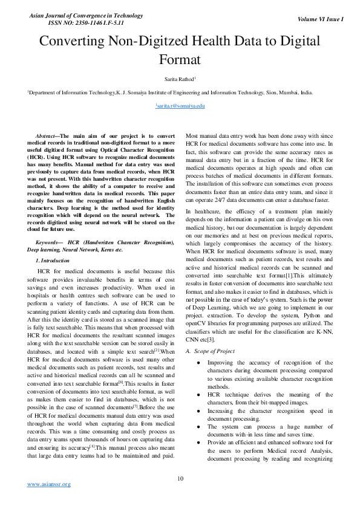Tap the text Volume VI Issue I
pos(321,19)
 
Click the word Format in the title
pos(180,60)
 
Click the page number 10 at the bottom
pos(180,479)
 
